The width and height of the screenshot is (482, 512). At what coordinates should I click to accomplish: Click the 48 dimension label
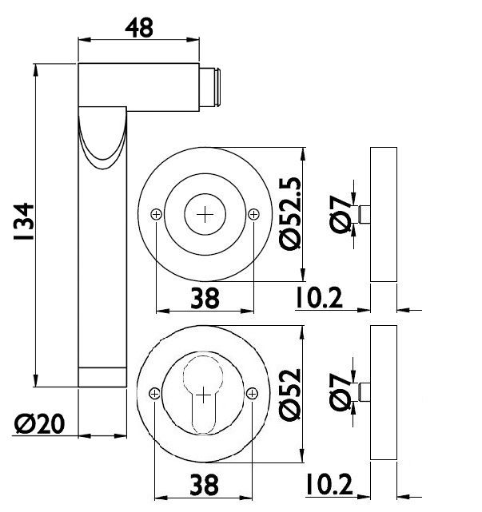(x=139, y=28)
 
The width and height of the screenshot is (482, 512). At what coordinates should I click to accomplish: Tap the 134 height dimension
(x=23, y=222)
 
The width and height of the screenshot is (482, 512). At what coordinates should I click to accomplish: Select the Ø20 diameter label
(x=39, y=424)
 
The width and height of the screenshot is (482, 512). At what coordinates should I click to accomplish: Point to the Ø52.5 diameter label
(x=290, y=214)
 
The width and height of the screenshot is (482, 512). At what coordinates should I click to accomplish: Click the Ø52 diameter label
(x=290, y=395)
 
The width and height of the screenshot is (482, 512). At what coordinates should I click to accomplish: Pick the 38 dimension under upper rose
(x=205, y=298)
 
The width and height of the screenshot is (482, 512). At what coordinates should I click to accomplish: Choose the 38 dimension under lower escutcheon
(x=204, y=485)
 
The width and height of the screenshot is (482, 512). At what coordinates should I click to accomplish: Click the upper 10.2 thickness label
(x=319, y=298)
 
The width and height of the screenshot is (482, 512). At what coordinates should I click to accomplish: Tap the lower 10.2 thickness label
(x=329, y=484)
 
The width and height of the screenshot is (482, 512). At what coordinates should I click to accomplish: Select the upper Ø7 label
(x=340, y=214)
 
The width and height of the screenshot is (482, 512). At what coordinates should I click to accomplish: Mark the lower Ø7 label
(x=340, y=392)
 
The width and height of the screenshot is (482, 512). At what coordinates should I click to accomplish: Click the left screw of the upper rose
(x=156, y=215)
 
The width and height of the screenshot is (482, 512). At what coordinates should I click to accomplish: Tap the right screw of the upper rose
(x=254, y=215)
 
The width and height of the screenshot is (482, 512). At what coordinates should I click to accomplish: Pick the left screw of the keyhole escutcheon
(x=154, y=394)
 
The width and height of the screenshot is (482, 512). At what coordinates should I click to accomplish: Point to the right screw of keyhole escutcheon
(x=253, y=394)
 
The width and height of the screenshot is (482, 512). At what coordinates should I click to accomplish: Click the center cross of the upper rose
(x=205, y=215)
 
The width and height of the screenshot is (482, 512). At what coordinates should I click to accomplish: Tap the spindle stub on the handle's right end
(x=209, y=87)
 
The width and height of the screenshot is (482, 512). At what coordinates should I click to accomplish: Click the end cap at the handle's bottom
(x=102, y=377)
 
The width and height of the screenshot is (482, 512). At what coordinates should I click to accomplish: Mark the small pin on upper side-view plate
(x=364, y=214)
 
